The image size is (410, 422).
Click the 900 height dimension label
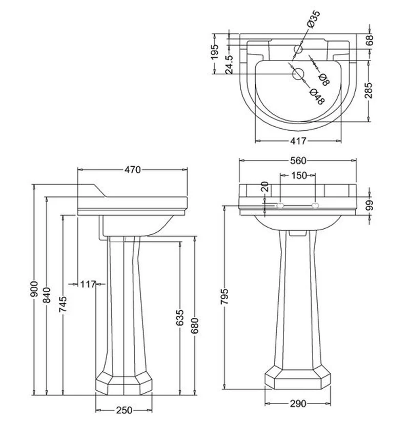(34, 290)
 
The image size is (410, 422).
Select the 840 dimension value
(47, 295)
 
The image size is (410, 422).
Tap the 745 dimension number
(63, 304)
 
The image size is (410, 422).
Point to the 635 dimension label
(180, 317)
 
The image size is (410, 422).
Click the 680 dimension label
(195, 326)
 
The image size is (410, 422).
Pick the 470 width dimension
(132, 170)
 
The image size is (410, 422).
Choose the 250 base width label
(125, 410)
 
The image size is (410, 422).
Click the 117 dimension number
(88, 284)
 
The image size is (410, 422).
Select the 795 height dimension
(224, 296)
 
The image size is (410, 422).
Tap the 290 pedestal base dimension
(298, 404)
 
